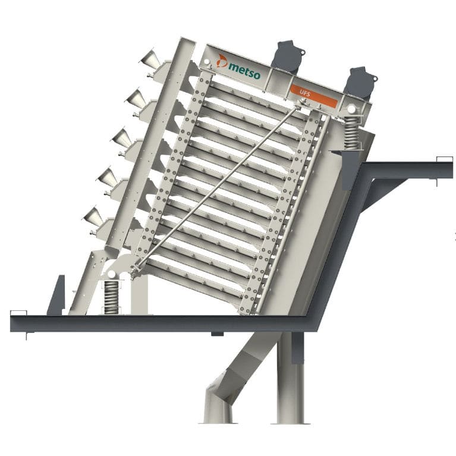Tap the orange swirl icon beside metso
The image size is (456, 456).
click(222, 60)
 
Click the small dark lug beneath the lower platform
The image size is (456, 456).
click(218, 334)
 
